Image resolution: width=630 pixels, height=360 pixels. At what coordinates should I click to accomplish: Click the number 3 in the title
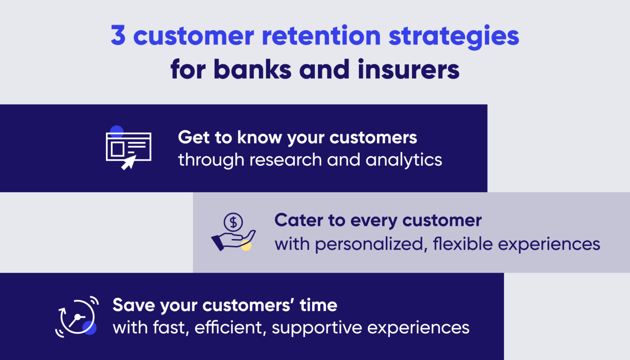tap(118, 36)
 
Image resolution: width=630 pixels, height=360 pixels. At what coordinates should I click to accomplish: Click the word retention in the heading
tap(321, 36)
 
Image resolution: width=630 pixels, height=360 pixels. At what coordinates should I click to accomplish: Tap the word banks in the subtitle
tap(252, 69)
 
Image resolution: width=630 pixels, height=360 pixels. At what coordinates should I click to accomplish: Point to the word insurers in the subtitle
tap(408, 69)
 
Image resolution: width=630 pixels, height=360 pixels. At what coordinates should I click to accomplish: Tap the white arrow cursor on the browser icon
tap(128, 162)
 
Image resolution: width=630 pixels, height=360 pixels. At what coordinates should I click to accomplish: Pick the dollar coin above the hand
tap(233, 222)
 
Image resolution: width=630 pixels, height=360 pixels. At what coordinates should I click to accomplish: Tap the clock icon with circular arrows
tap(77, 317)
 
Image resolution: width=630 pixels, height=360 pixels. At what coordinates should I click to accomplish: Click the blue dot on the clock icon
tap(89, 328)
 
